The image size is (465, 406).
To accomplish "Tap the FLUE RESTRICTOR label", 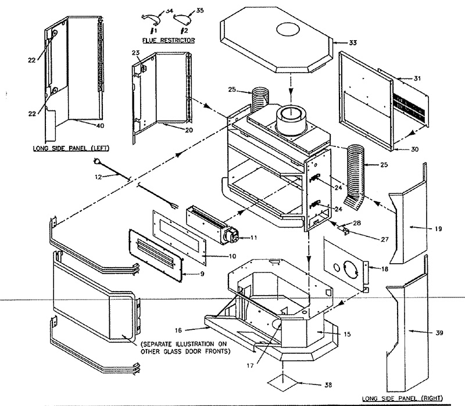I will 169,40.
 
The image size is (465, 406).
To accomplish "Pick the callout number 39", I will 438,333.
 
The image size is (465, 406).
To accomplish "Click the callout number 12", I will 98,176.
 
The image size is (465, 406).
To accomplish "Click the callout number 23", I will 135,53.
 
